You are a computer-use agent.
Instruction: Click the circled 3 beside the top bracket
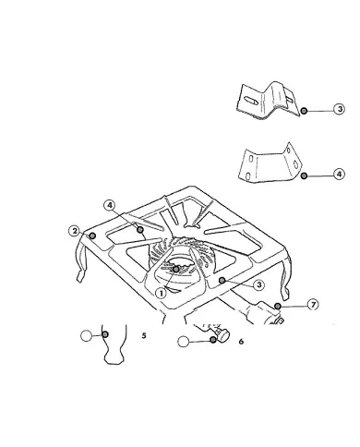pos(339,109)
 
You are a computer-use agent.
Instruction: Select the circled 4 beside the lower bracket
pos(339,175)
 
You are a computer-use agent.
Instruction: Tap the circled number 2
pos(75,231)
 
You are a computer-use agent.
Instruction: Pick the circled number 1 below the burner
pos(161,293)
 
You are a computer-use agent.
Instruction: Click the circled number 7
pos(313,305)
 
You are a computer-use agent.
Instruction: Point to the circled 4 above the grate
pos(110,205)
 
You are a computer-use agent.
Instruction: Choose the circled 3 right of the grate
pos(259,284)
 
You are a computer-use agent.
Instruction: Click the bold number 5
pos(144,335)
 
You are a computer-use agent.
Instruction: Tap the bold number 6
pos(241,341)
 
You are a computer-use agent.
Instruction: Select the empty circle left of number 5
pos(86,335)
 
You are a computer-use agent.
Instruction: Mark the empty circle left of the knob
pos(184,342)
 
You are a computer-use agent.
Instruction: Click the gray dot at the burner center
pos(176,270)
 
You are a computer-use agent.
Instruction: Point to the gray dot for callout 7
pos(278,306)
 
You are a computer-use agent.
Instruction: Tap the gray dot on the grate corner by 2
pos(92,236)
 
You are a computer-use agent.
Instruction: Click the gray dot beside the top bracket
pos(304,111)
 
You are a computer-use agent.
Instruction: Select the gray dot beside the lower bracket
pos(304,175)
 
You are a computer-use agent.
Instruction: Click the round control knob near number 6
pos(223,334)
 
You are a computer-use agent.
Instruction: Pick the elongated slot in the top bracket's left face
pos(249,100)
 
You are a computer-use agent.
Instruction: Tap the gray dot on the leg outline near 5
pos(105,334)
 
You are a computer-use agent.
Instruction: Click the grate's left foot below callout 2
pos(79,276)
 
